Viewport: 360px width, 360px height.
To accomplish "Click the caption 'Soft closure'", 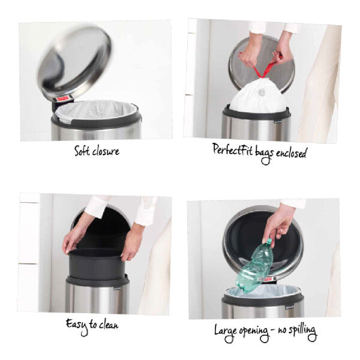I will coord(97,151).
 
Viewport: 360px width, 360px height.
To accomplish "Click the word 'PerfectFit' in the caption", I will coord(233,150).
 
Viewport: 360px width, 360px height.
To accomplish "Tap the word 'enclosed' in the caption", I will coord(289,152).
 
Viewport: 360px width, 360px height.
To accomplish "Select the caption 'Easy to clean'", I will coord(92,325).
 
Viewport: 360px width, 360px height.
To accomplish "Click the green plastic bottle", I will coord(256,265).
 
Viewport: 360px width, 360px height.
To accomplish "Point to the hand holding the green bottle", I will coord(278,223).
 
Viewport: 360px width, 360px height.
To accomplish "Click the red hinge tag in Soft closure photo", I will coord(62,98).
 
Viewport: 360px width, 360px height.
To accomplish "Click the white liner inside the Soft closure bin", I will coord(96,111).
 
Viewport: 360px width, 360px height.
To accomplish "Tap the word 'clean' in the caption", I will coord(107,326).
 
